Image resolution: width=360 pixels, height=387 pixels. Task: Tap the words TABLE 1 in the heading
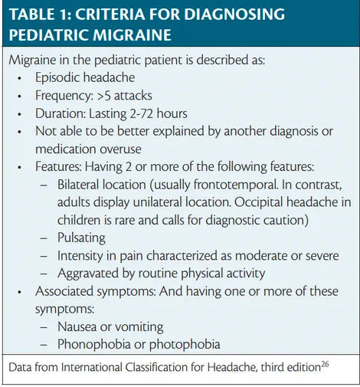[x=40, y=15]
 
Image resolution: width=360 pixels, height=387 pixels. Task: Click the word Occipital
[x=271, y=202]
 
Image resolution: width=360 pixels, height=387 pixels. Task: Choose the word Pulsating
[x=82, y=238]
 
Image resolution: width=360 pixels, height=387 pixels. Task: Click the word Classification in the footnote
[x=148, y=369]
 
